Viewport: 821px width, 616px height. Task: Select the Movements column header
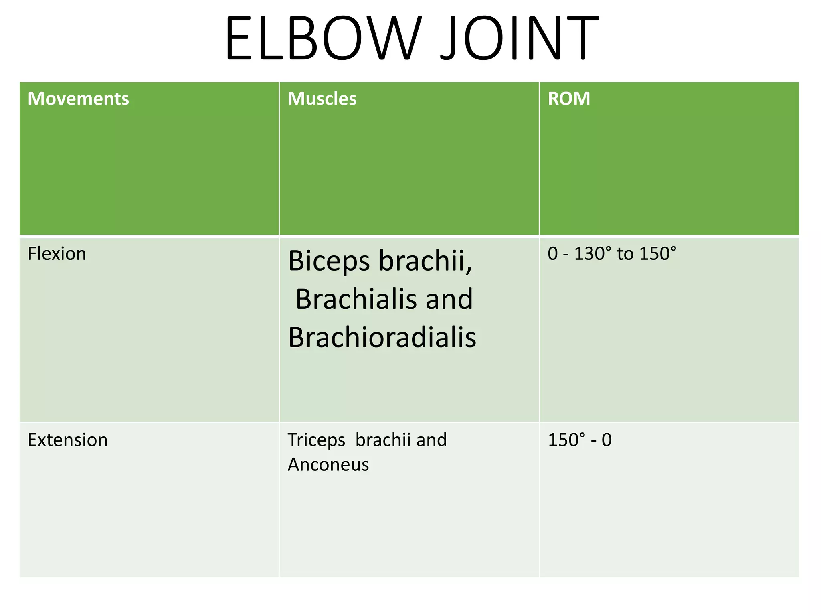[x=78, y=99]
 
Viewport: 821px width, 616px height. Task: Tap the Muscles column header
[x=322, y=99]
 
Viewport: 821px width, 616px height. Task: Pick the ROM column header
[x=568, y=99]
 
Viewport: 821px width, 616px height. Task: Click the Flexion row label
[x=57, y=254]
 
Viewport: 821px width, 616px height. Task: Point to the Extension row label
[x=67, y=440]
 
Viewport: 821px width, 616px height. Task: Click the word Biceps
[x=329, y=261]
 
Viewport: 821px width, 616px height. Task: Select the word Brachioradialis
[x=382, y=337]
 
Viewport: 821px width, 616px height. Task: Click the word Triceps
[x=316, y=440]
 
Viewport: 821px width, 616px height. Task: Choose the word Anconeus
[x=328, y=465]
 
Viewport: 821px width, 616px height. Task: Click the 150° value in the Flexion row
[x=657, y=254]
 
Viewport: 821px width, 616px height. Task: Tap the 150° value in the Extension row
[x=563, y=440]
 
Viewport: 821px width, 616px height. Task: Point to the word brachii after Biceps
[x=426, y=261]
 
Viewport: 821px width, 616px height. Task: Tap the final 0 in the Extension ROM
[x=607, y=440]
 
